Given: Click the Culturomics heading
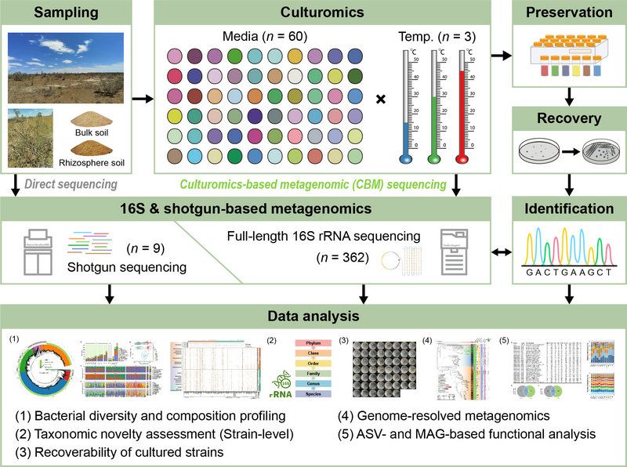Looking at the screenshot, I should (322, 13).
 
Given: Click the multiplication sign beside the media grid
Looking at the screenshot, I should (382, 100).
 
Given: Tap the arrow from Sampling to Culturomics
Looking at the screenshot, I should (142, 100).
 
